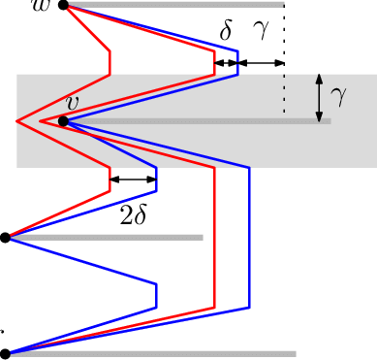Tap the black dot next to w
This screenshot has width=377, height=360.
pyautogui.click(x=63, y=5)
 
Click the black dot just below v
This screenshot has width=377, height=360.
pyautogui.click(x=63, y=121)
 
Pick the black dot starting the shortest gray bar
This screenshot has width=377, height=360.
pyautogui.click(x=5, y=237)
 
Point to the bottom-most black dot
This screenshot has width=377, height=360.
pyautogui.click(x=5, y=353)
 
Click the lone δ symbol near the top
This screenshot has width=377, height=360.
pyautogui.click(x=226, y=33)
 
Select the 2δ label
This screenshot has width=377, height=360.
pyautogui.click(x=133, y=215)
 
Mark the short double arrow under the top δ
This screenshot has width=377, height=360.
pyautogui.click(x=226, y=63)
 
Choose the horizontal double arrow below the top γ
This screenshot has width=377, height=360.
pyautogui.click(x=262, y=63)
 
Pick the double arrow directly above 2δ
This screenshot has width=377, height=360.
pyautogui.click(x=133, y=179)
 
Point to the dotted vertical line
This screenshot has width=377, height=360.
pyautogui.click(x=284, y=58)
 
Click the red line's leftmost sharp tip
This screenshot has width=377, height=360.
pyautogui.click(x=18, y=121)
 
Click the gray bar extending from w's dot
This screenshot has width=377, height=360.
pyautogui.click(x=174, y=5)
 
